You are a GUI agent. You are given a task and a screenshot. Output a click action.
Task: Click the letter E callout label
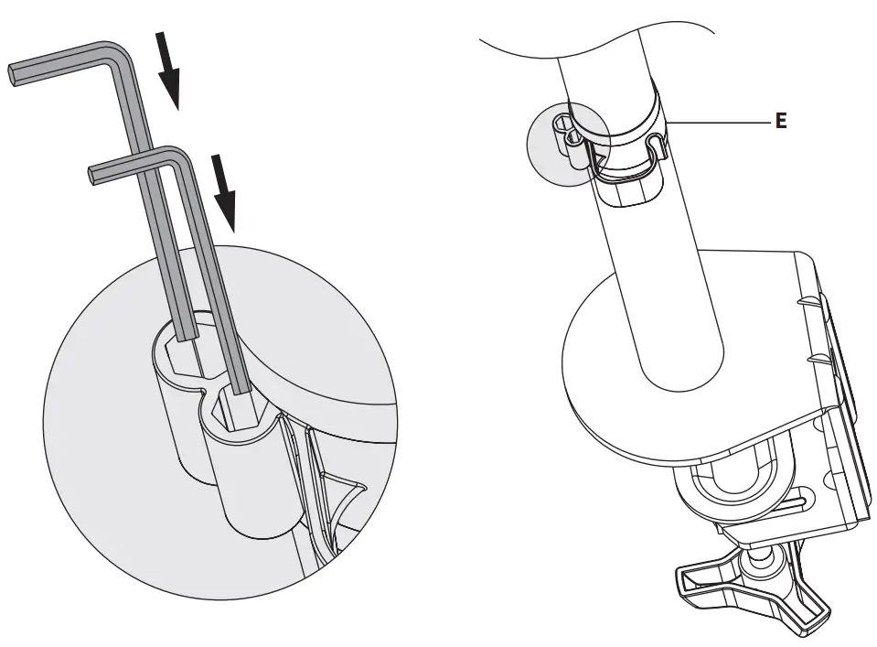pos(780,121)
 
